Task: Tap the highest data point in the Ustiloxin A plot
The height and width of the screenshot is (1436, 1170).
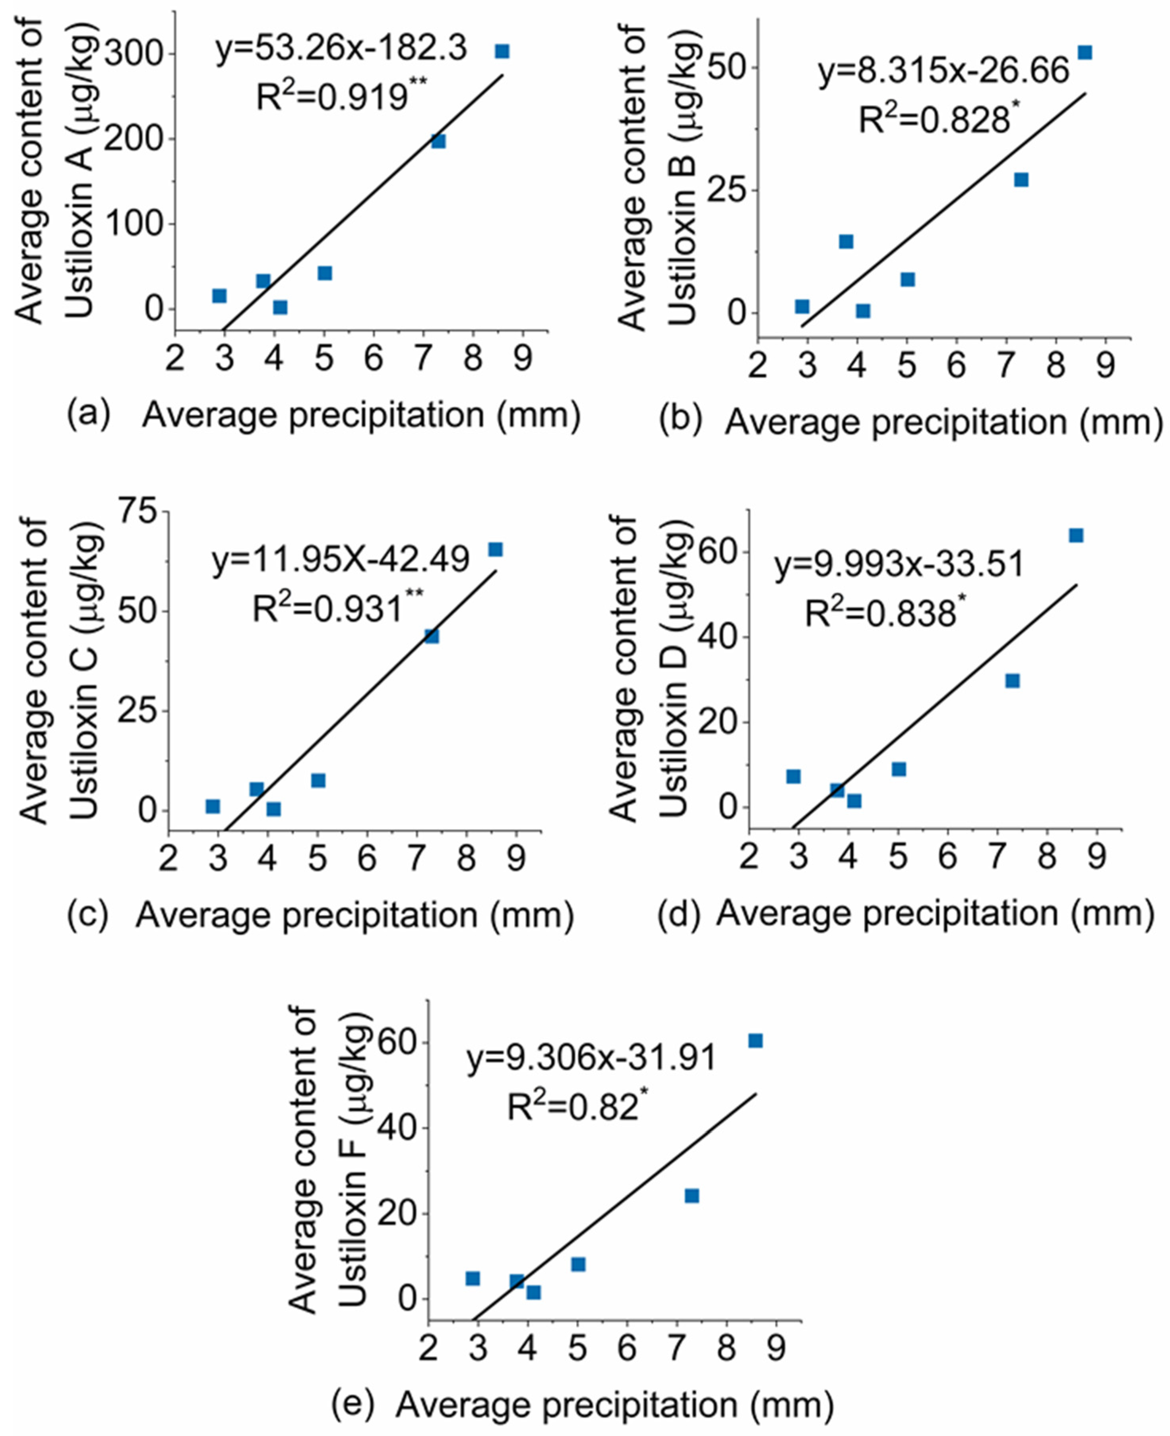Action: [502, 52]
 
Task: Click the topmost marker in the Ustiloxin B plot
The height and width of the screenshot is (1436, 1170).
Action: [1085, 52]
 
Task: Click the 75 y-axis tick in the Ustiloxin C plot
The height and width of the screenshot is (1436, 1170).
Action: [139, 511]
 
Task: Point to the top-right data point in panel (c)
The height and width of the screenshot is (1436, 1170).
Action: [495, 550]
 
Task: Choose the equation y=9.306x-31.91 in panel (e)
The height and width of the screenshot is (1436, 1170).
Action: [591, 1058]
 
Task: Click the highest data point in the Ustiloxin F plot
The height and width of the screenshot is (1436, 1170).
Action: [755, 1041]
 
